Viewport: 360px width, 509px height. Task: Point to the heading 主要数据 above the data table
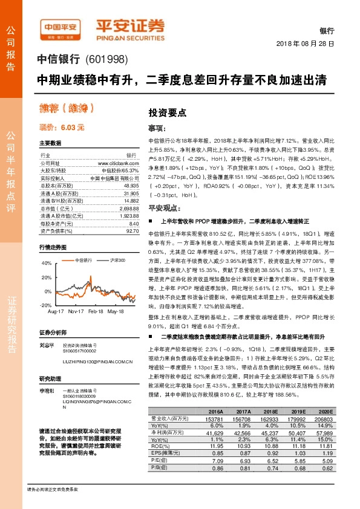coord(50,143)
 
